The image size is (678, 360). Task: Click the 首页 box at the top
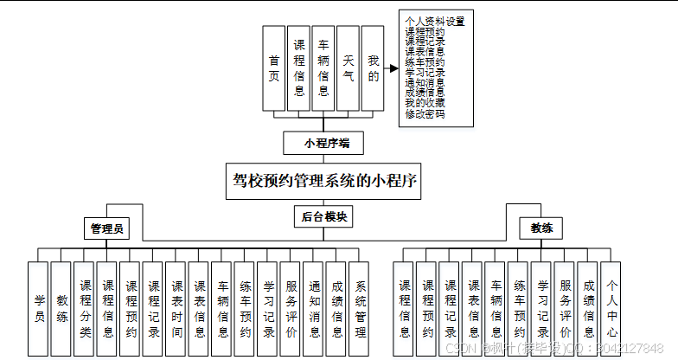[x=274, y=68]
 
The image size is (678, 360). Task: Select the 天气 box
[x=349, y=68]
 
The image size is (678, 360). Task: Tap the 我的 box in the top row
[x=373, y=68]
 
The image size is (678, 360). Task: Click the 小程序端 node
[x=322, y=143]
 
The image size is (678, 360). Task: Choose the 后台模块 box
[x=323, y=217]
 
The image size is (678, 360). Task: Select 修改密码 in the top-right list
[x=425, y=114]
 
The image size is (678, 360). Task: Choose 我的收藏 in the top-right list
[x=425, y=104]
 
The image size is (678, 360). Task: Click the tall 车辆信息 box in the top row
[x=323, y=68]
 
